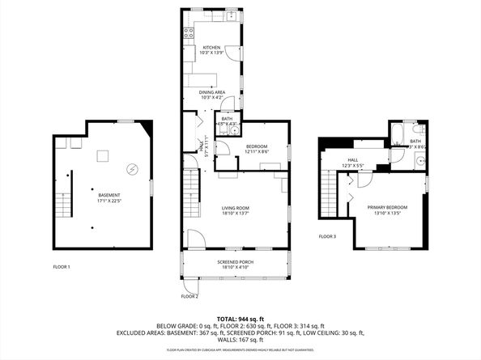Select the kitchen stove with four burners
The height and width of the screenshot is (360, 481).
click(x=189, y=33)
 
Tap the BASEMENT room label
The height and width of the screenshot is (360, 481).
click(x=109, y=197)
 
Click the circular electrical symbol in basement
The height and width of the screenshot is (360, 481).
click(x=133, y=169)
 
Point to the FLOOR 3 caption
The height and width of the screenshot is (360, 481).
click(x=327, y=236)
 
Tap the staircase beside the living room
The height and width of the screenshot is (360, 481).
click(x=191, y=194)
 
